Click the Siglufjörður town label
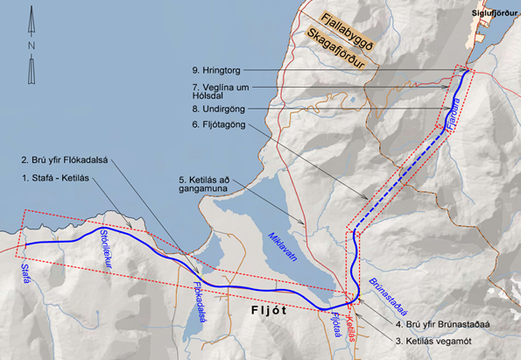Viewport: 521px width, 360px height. click(494, 13)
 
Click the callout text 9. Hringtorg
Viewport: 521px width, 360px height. click(240, 69)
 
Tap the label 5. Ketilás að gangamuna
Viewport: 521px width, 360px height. click(203, 186)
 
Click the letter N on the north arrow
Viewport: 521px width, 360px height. click(31, 45)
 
